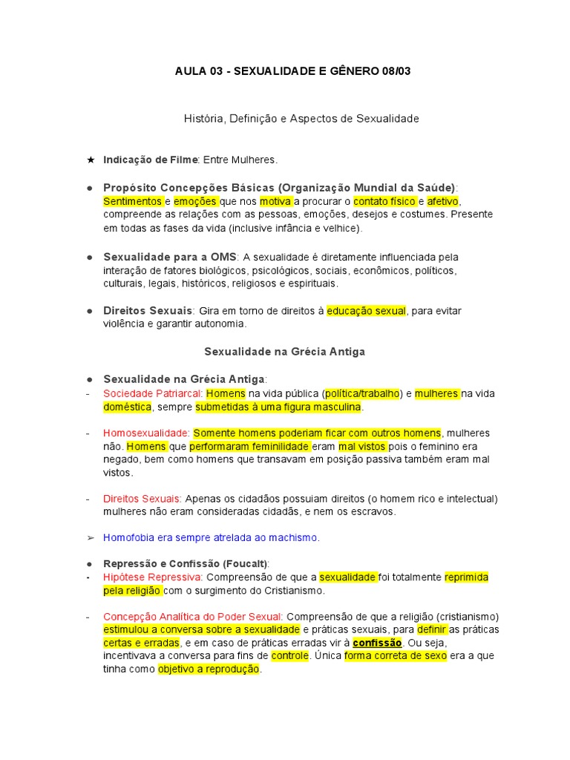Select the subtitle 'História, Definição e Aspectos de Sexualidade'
pyautogui.click(x=301, y=118)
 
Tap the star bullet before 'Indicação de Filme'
pyautogui.click(x=91, y=160)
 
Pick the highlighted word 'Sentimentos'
pyautogui.click(x=133, y=201)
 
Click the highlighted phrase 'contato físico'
pyautogui.click(x=384, y=201)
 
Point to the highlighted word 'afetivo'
pyautogui.click(x=444, y=201)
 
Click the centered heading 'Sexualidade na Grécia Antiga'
pyautogui.click(x=285, y=351)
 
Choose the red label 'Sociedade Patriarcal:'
pyautogui.click(x=153, y=393)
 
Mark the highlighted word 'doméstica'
pyautogui.click(x=128, y=407)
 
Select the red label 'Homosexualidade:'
pyautogui.click(x=146, y=433)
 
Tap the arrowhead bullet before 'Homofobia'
pyautogui.click(x=91, y=537)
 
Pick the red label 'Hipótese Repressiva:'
pyautogui.click(x=153, y=577)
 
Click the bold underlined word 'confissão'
pyautogui.click(x=377, y=642)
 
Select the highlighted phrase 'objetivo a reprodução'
pyautogui.click(x=209, y=669)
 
